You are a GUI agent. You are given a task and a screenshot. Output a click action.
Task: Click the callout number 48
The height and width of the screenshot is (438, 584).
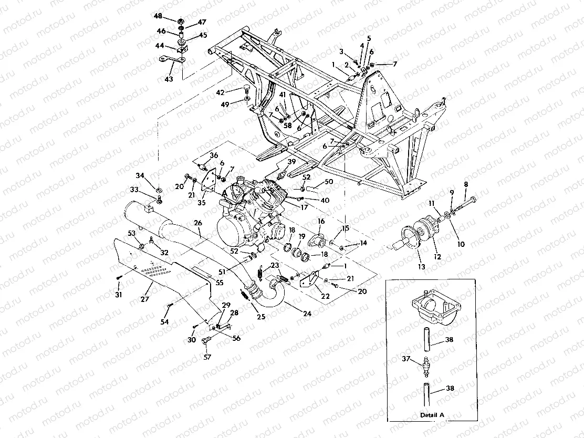pos(158,17)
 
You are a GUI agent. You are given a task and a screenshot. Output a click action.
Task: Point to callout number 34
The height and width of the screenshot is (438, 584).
pos(139,175)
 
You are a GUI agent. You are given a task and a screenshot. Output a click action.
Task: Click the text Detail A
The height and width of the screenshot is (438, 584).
pos(431,415)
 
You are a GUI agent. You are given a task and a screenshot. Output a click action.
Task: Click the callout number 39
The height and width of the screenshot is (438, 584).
pos(291,161)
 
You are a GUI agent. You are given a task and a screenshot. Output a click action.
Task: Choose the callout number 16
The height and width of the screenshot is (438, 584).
pos(321,222)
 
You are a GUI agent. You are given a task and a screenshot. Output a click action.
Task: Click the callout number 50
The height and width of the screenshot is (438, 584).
pos(329,181)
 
